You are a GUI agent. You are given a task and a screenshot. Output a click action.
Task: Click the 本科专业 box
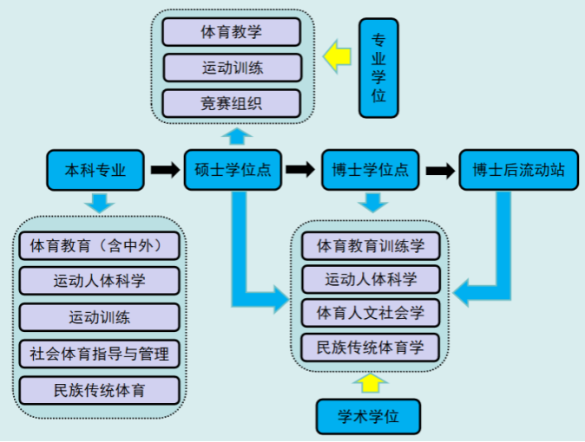pos(96,170)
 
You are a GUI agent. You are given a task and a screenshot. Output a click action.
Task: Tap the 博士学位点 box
pos(371,170)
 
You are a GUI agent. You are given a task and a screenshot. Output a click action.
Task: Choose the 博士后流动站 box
pos(518,170)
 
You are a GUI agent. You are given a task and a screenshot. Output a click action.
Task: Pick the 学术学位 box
pos(368,416)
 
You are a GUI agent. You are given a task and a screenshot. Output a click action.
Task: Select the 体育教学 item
pos(232,32)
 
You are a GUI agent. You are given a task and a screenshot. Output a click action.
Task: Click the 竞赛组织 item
pos(232,104)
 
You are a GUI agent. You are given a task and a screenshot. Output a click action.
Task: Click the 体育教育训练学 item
pos(371,245)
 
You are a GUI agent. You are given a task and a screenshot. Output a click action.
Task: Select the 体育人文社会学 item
pos(371,312)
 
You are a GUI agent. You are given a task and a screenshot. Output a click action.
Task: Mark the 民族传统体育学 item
pos(371,348)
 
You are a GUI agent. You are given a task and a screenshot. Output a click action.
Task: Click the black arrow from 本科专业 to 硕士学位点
pos(162,170)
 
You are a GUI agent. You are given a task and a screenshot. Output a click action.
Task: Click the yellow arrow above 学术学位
pos(371,382)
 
